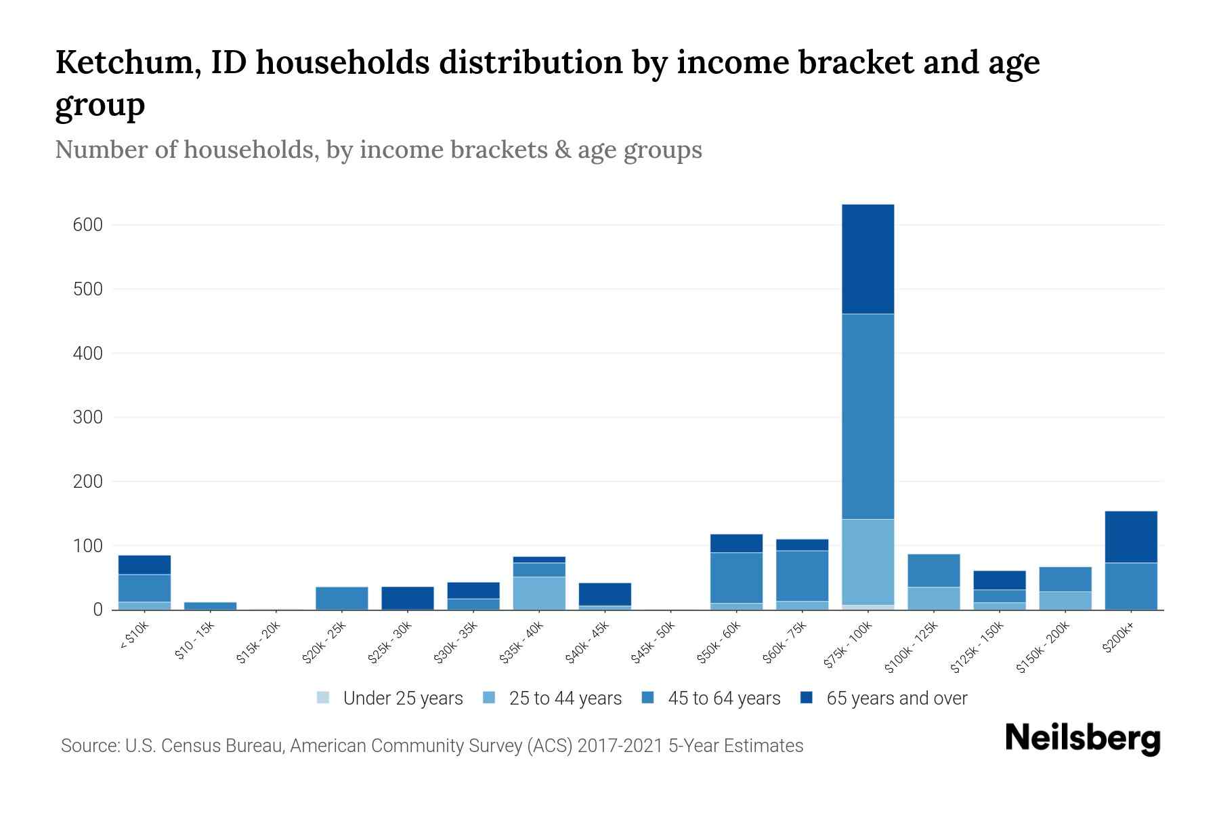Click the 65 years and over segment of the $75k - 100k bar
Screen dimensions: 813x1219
(868, 259)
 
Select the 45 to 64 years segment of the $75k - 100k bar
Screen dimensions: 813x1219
(868, 416)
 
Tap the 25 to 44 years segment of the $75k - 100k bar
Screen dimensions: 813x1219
(868, 562)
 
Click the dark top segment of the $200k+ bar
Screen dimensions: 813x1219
(1131, 537)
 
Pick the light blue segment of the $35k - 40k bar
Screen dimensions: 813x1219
(539, 593)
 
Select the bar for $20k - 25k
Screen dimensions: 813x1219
(342, 598)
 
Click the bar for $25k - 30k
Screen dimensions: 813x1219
(408, 598)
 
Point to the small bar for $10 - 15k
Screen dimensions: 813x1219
(211, 606)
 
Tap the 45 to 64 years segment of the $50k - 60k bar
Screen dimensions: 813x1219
(736, 577)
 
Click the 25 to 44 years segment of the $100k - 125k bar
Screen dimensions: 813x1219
(933, 598)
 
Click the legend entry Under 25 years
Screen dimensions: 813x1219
(402, 699)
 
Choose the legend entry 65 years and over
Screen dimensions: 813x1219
(896, 699)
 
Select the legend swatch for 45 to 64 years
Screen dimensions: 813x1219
(648, 698)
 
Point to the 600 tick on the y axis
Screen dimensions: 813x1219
(87, 225)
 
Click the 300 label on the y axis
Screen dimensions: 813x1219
(87, 417)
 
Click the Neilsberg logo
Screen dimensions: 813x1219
(1083, 738)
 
